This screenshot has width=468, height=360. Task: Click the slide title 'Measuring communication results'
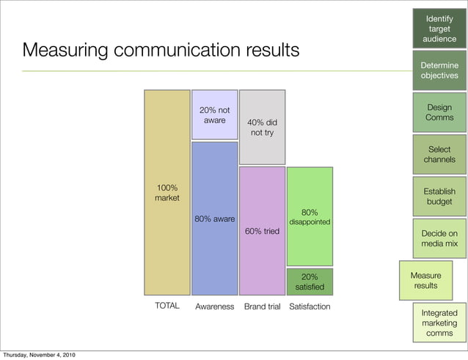(x=161, y=51)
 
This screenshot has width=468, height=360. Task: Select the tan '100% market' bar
(x=167, y=193)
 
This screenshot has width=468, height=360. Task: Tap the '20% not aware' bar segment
(x=214, y=114)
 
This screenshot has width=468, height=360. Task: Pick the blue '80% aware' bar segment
(x=214, y=218)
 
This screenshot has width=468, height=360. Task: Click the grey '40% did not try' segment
(x=262, y=127)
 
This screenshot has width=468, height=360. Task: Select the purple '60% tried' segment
(x=262, y=230)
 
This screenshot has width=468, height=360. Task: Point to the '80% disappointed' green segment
(x=310, y=216)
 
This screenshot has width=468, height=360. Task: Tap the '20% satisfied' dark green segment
(x=310, y=282)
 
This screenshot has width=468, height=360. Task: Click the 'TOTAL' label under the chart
(x=167, y=306)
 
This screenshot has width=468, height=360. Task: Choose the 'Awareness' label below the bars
(x=214, y=306)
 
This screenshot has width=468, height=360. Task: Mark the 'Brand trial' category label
(x=262, y=306)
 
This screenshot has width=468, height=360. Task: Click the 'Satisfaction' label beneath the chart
(x=310, y=306)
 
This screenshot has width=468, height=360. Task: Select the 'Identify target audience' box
(x=439, y=28)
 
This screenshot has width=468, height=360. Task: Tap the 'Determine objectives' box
(x=439, y=70)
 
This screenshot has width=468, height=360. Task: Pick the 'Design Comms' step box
(x=439, y=112)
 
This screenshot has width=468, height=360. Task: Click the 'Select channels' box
(x=439, y=154)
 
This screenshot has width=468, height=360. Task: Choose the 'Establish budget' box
(x=439, y=196)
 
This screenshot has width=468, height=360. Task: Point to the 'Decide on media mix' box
(x=439, y=238)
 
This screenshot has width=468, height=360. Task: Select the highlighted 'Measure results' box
(x=425, y=280)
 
